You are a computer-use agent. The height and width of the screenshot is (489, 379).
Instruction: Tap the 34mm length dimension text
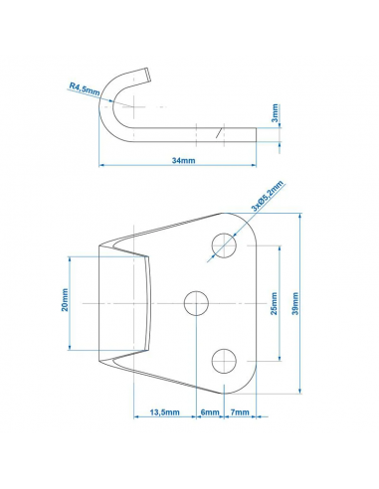pos(184,159)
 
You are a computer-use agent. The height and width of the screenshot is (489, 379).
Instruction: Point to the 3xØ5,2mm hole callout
pos(268,196)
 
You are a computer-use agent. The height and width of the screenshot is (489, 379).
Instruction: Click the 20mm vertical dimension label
pos(66,300)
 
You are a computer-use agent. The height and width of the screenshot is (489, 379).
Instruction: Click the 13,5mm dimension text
pos(164,410)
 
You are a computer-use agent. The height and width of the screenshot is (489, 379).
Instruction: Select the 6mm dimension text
pos(210,410)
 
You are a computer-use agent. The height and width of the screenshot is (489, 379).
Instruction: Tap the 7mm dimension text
pos(239,410)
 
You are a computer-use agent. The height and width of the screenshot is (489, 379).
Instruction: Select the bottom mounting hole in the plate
pos(225,360)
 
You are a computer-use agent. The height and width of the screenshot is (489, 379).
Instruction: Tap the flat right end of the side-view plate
pos(253,130)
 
